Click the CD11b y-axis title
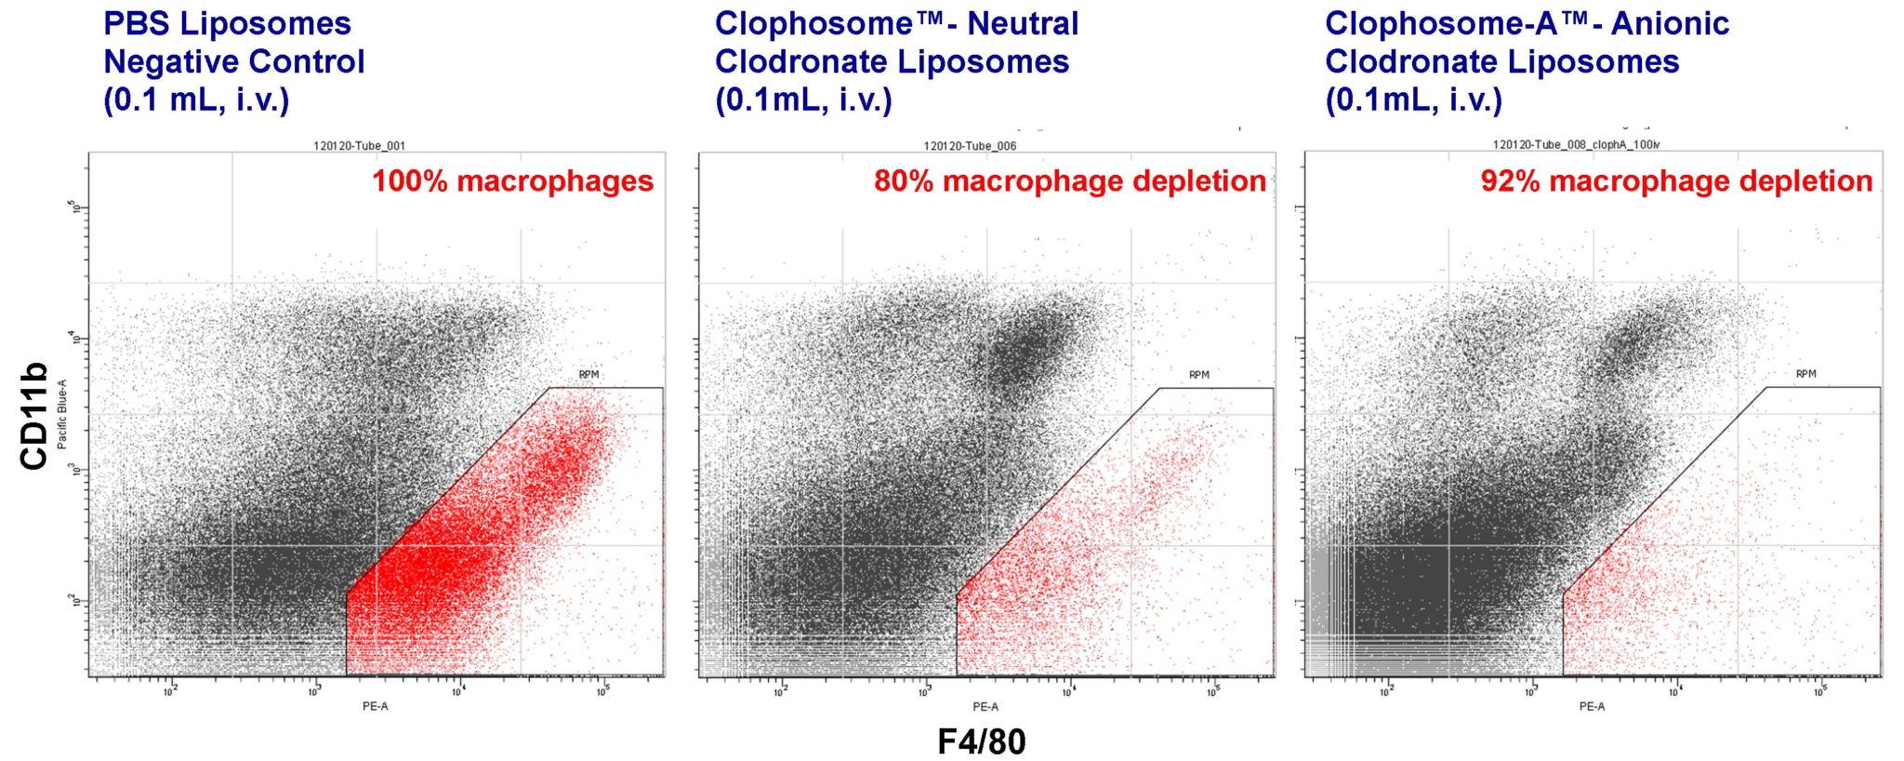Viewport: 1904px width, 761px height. (x=33, y=415)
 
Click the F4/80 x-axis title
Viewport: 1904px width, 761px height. (x=981, y=741)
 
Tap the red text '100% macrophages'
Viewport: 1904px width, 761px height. (x=513, y=180)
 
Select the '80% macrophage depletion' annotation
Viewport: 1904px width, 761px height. (x=1069, y=180)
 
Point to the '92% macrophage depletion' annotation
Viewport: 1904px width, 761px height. (x=1676, y=180)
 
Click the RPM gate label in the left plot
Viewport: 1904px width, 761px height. (x=588, y=375)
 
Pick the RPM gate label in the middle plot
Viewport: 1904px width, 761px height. (x=1199, y=375)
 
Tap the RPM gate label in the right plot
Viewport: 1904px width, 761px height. (x=1805, y=374)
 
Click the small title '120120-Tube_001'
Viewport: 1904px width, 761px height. (x=360, y=146)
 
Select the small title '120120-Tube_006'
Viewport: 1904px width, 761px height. (x=970, y=146)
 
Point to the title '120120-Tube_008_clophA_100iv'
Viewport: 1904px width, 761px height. (x=1576, y=144)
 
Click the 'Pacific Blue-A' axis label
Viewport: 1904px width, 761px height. (x=62, y=414)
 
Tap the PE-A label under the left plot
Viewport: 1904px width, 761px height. (x=376, y=706)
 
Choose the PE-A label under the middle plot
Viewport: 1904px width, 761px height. (x=985, y=706)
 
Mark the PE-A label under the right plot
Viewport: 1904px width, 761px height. (x=1592, y=706)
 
